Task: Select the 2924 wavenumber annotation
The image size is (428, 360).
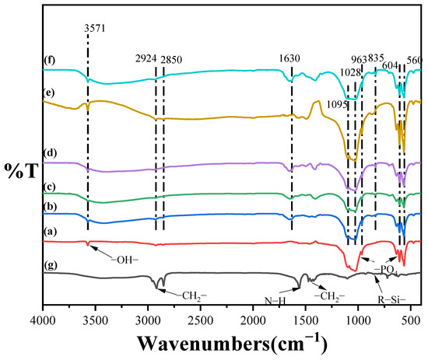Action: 148,58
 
